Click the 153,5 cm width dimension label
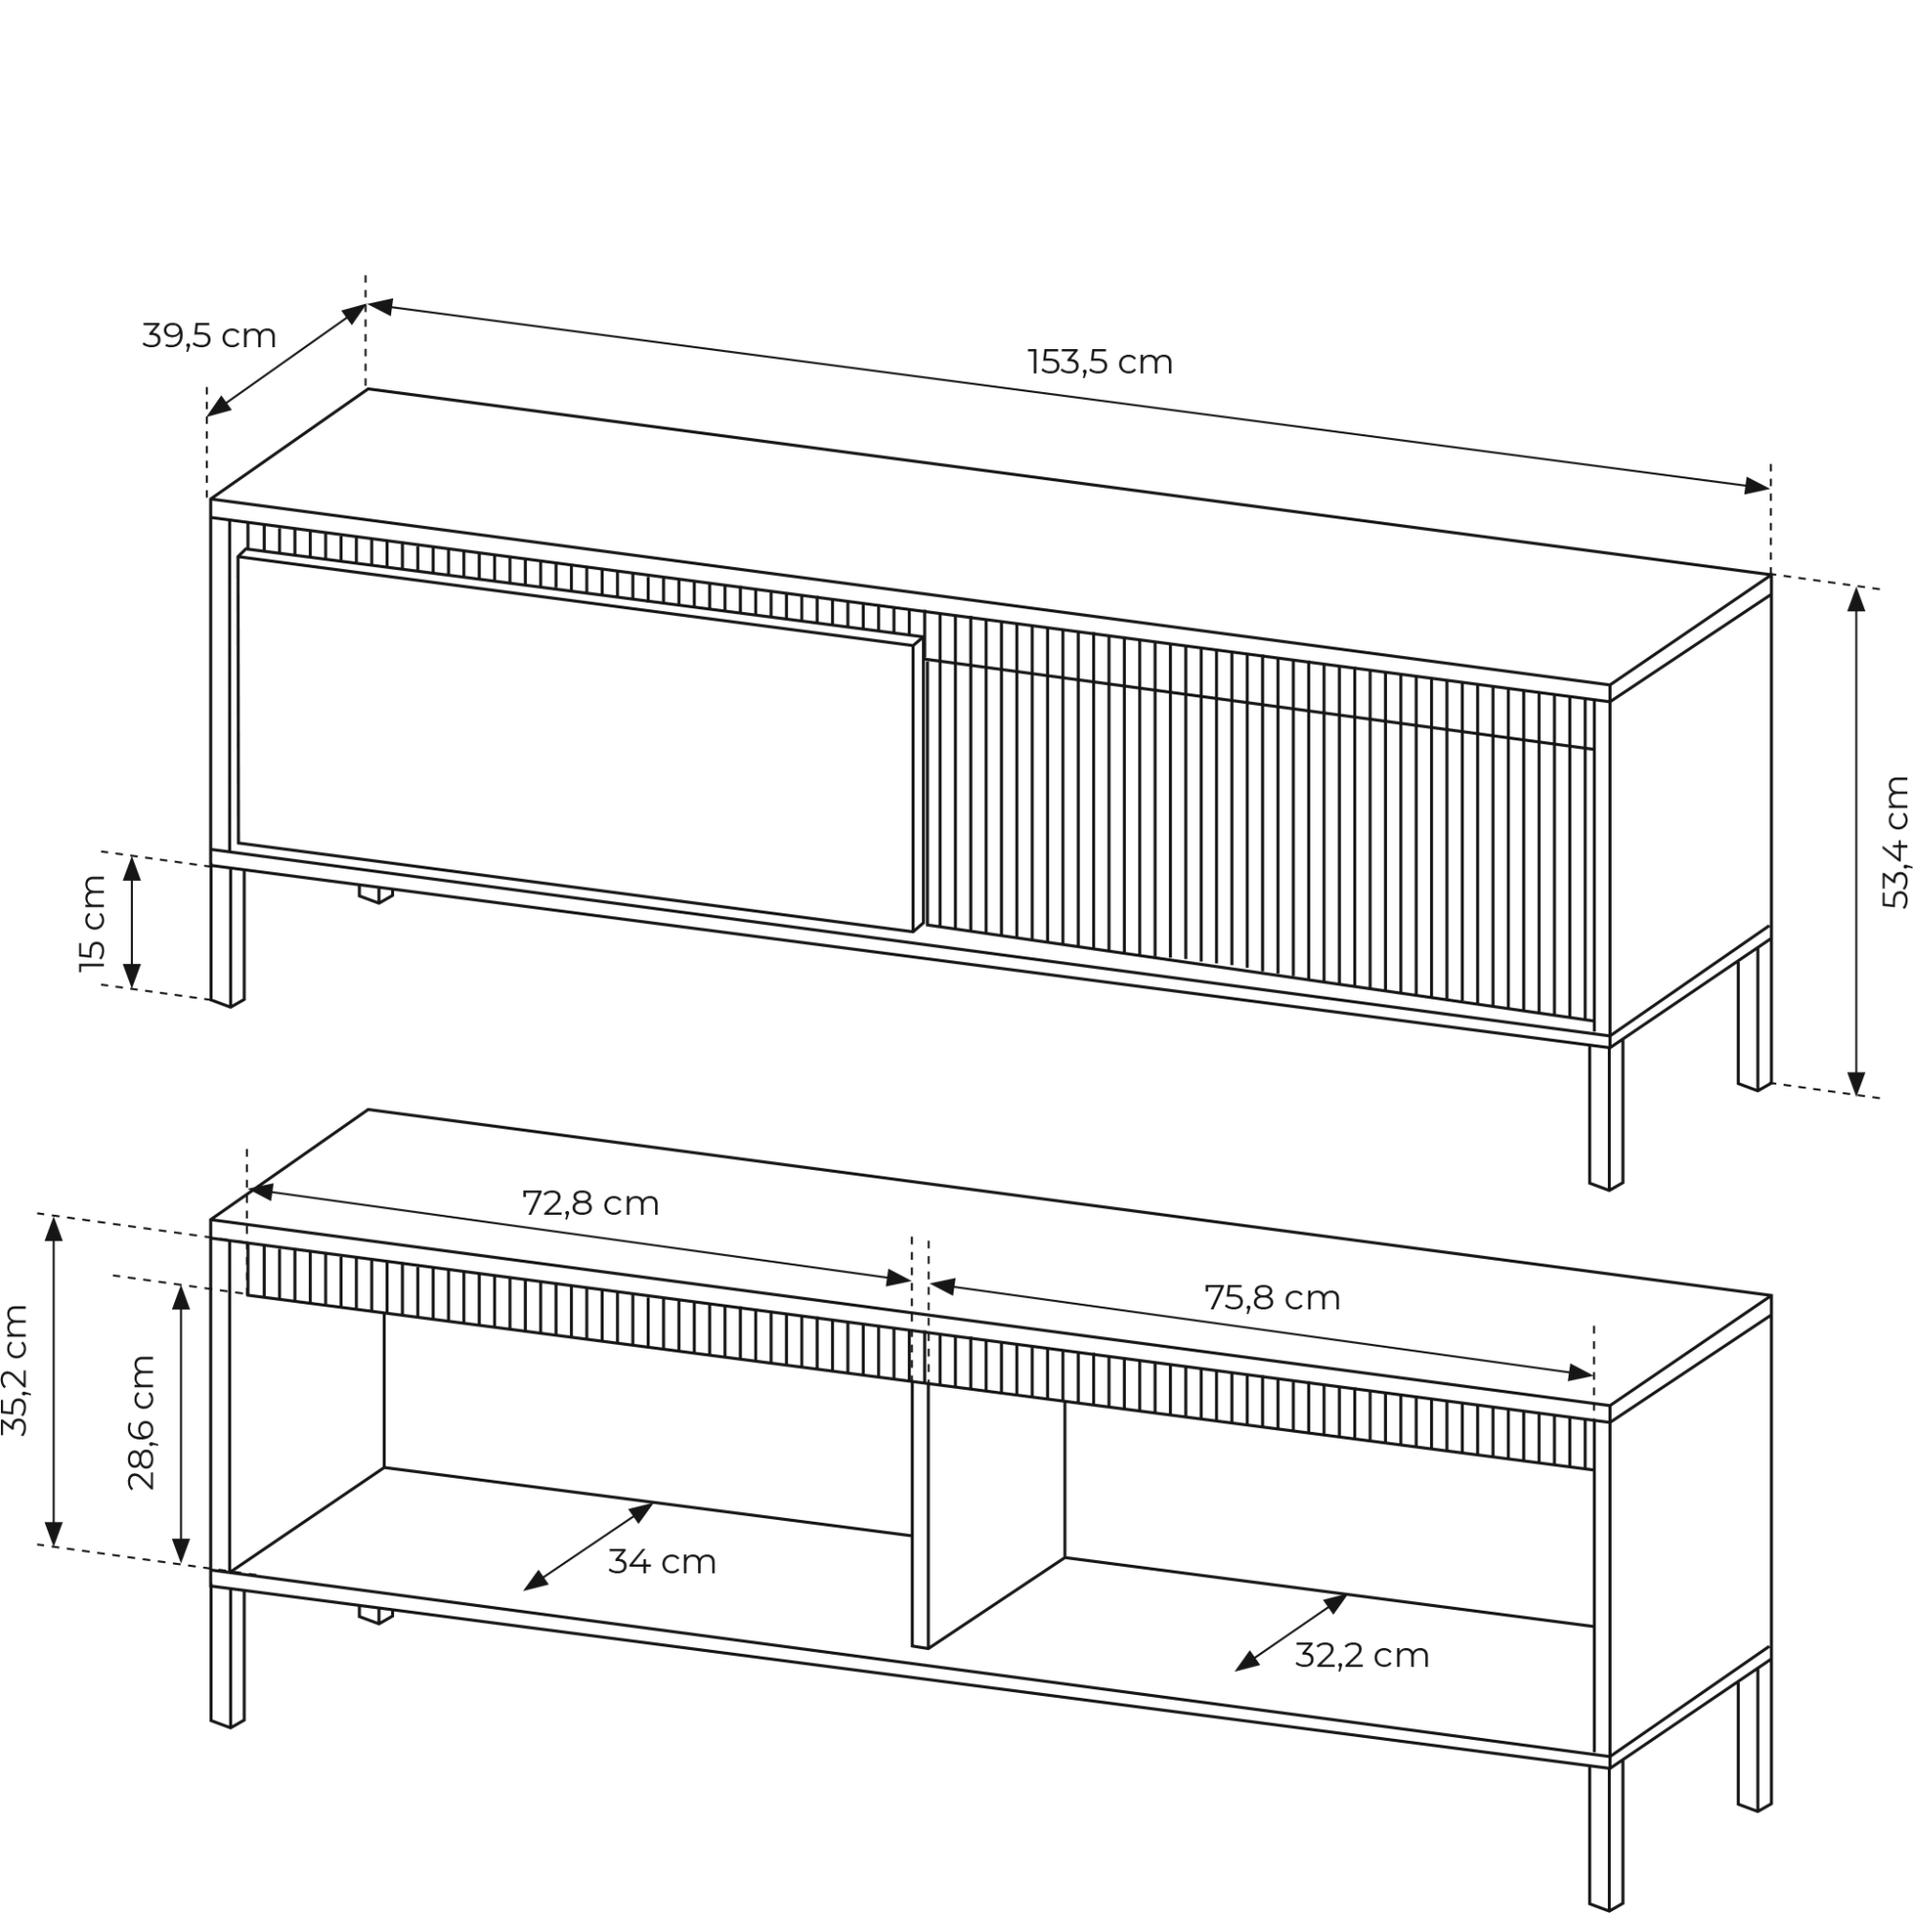coord(1100,363)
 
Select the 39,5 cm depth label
coord(209,337)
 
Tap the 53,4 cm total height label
coord(1894,842)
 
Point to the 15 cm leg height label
coord(92,923)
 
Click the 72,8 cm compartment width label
coord(590,1203)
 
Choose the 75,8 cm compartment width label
coord(1272,1298)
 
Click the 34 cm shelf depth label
coord(662,1562)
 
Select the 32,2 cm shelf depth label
coord(1361,1656)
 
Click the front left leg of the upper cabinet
coord(227,935)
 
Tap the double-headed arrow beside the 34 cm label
coord(588,1547)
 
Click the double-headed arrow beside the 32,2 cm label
coord(1291,1633)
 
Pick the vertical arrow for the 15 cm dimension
coord(132,923)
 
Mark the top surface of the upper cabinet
coord(990,536)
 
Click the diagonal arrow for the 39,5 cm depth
coord(286,361)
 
